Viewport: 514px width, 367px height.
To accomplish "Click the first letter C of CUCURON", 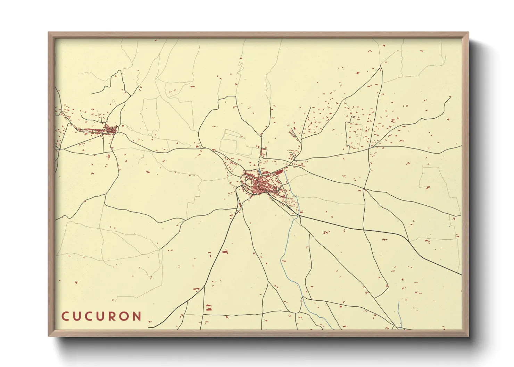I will pyautogui.click(x=65, y=316).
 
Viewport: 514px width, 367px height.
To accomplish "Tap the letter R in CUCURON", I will pyautogui.click(x=113, y=316).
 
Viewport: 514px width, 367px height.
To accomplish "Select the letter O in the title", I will pyautogui.click(x=125, y=316).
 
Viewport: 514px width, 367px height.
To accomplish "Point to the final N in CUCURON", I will pyautogui.click(x=137, y=316).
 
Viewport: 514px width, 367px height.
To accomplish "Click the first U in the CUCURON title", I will pyautogui.click(x=77, y=316).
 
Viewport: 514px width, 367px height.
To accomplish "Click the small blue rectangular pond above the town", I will pyautogui.click(x=259, y=172).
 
